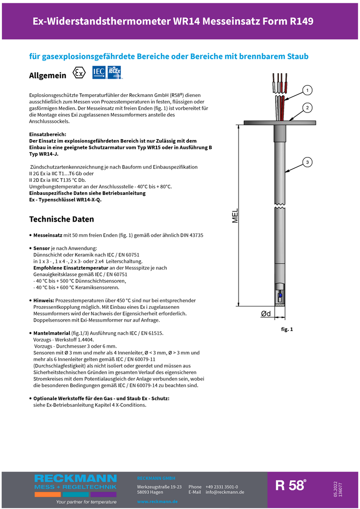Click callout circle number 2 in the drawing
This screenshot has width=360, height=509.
point(307,108)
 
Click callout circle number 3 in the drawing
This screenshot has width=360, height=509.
point(307,162)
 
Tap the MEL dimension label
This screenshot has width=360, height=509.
point(235,216)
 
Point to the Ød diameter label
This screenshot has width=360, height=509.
point(265,314)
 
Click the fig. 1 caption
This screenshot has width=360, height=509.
point(287,329)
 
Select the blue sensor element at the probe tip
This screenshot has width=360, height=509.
point(280,296)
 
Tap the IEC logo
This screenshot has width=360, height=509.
point(99,73)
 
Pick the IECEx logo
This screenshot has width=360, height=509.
point(115,73)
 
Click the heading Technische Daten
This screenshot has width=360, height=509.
point(61,219)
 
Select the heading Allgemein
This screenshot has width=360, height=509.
point(47,75)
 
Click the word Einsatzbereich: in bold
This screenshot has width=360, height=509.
point(47,135)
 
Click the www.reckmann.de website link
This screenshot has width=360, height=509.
point(157,502)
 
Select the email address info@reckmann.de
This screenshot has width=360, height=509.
point(225,492)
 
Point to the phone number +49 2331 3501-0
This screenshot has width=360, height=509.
point(221,487)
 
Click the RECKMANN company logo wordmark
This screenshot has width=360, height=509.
point(75,479)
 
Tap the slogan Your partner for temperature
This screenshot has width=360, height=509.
point(86,502)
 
